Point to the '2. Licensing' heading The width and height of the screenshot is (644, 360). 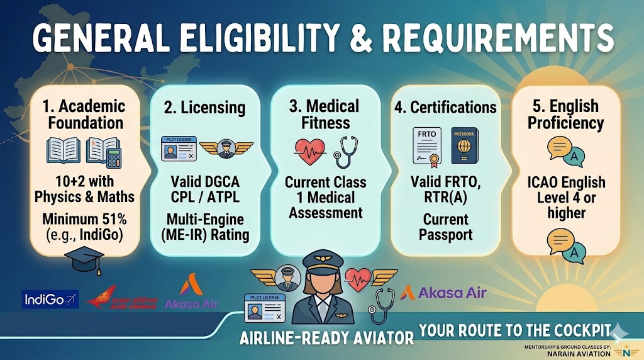point(204,108)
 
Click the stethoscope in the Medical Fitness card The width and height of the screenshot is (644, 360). point(345,152)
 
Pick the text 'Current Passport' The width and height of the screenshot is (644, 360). point(445,228)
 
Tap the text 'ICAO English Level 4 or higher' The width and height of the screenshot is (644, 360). point(566,198)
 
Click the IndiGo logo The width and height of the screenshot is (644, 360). point(50,300)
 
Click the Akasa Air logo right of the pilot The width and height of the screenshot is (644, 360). point(444,292)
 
